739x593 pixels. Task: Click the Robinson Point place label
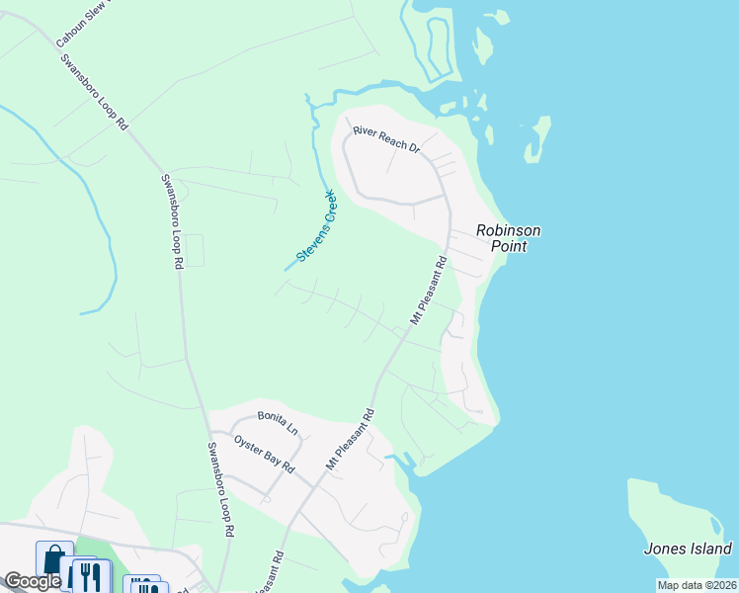[x=508, y=238]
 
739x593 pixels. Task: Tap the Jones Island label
[x=688, y=549]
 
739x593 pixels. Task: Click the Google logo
[x=32, y=581]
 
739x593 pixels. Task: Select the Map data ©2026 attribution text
[x=698, y=585]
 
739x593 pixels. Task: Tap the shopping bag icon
[x=53, y=561]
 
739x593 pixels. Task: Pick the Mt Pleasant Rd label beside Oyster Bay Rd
[x=350, y=439]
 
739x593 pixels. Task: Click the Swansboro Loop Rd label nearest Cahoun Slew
[x=94, y=92]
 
